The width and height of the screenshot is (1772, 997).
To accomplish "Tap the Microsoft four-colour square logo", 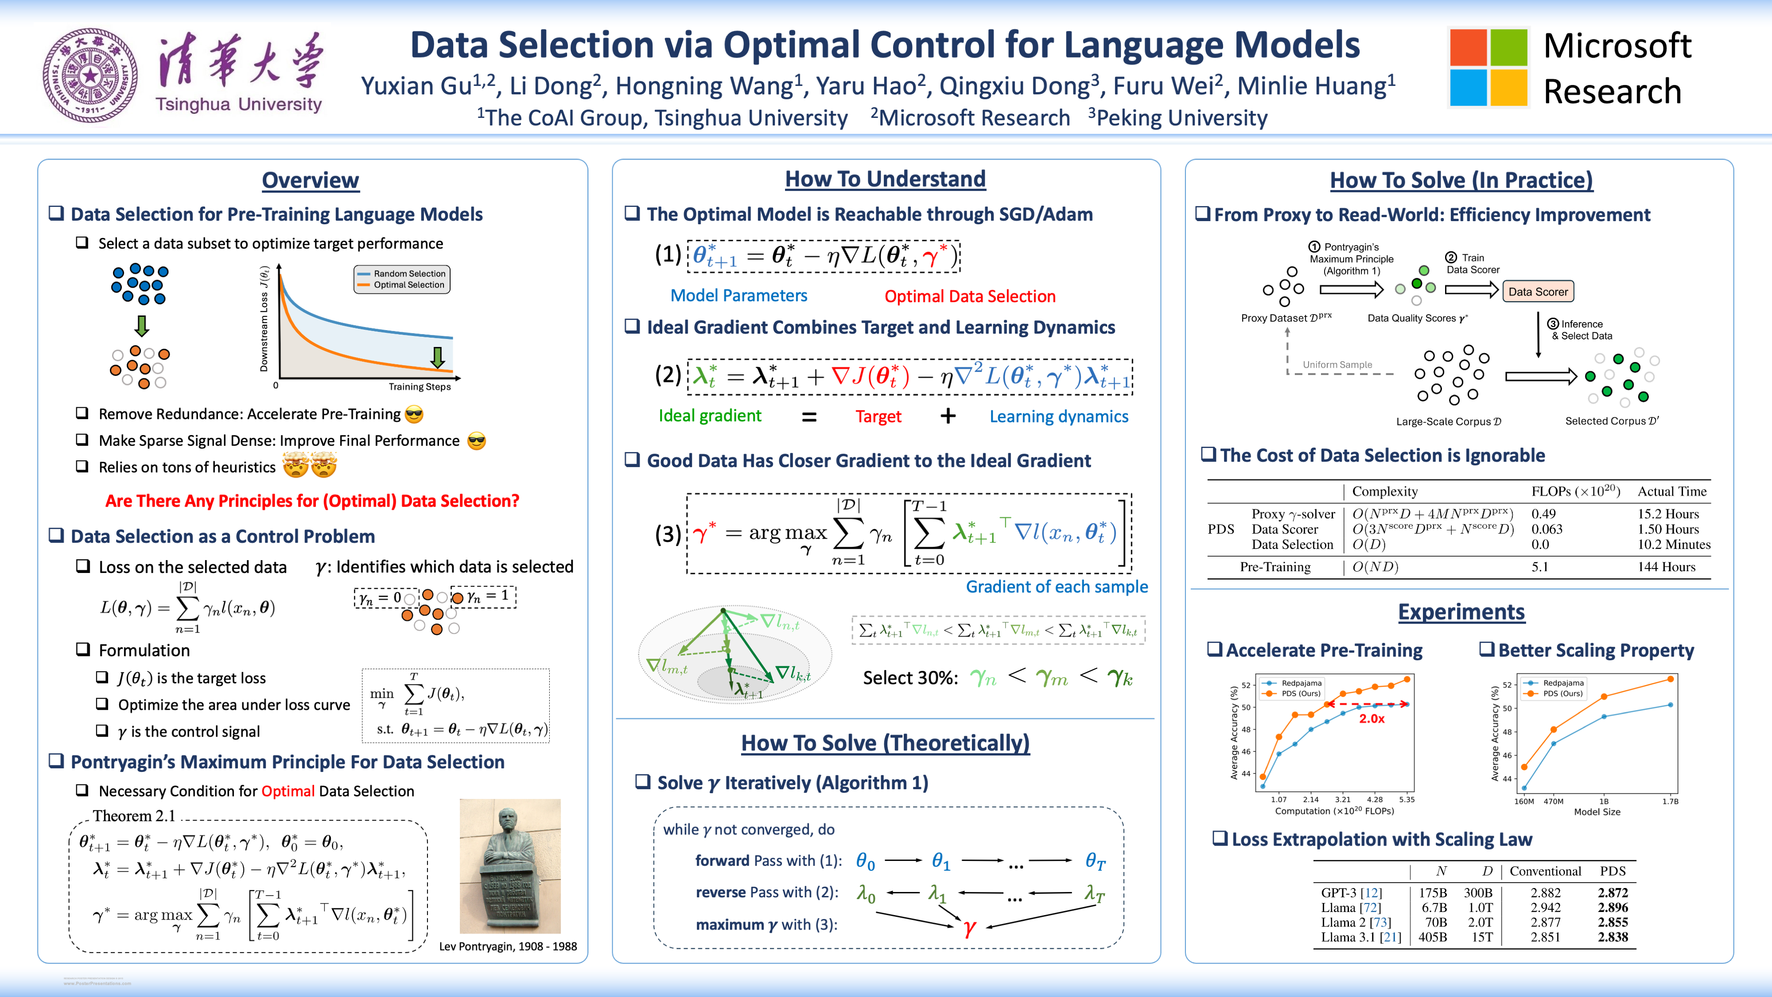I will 1488,67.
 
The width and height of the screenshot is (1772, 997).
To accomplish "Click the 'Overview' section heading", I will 310,180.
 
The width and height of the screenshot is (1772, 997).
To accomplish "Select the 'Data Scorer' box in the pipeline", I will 1538,292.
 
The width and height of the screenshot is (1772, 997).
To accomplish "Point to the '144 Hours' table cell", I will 1666,567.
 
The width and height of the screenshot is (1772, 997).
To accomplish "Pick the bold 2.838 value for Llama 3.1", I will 1613,937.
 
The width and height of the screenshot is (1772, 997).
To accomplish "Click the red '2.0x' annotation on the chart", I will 1372,718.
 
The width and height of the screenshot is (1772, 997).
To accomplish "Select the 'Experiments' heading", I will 1461,611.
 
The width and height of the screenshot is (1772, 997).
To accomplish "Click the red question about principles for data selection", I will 312,501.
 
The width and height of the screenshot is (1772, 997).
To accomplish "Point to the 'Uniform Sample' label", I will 1337,365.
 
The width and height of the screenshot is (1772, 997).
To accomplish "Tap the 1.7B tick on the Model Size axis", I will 1670,801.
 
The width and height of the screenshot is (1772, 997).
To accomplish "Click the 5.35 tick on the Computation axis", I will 1407,799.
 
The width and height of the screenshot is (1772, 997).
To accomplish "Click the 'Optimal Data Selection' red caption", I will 969,296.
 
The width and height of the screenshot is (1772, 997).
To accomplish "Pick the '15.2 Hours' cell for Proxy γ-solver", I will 1667,514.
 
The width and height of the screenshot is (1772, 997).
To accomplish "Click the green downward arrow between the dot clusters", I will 142,325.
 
